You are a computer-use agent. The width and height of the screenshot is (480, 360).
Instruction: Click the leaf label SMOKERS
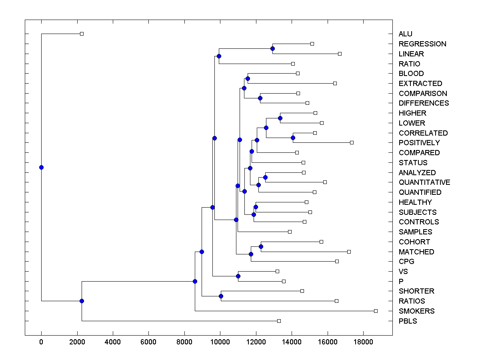[x=416, y=311]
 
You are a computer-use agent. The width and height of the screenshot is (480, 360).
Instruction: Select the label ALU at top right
[x=405, y=34]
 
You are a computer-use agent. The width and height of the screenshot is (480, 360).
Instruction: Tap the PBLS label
[x=408, y=321]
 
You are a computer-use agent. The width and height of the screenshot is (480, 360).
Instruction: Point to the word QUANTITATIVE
[x=424, y=182]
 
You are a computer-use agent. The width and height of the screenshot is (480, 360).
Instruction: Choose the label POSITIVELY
[x=419, y=143]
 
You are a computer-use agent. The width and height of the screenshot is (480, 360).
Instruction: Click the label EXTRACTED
[x=420, y=84]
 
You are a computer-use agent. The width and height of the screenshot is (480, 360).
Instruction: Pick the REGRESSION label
[x=422, y=44]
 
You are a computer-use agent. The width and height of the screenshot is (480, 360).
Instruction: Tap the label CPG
[x=406, y=262]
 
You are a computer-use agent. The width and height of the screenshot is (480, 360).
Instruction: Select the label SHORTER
[x=416, y=291]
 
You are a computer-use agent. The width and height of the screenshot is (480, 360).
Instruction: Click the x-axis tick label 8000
[x=184, y=343]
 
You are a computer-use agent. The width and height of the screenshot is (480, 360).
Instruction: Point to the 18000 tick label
[x=363, y=343]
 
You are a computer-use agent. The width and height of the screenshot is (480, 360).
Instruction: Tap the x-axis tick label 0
[x=41, y=343]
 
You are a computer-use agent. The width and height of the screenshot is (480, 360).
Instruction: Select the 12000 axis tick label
[x=256, y=343]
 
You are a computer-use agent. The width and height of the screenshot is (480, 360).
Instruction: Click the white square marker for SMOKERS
[x=376, y=311]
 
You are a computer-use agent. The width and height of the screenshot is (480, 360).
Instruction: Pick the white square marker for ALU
[x=82, y=34]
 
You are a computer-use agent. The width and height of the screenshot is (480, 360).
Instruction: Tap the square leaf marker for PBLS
[x=279, y=321]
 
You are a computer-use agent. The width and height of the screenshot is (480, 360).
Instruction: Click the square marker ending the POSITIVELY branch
[x=352, y=142]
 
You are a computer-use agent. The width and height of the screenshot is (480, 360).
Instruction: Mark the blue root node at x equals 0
[x=41, y=167]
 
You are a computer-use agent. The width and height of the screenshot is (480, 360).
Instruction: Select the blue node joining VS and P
[x=238, y=276]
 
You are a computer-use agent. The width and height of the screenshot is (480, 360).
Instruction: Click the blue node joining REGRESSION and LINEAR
[x=272, y=48]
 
